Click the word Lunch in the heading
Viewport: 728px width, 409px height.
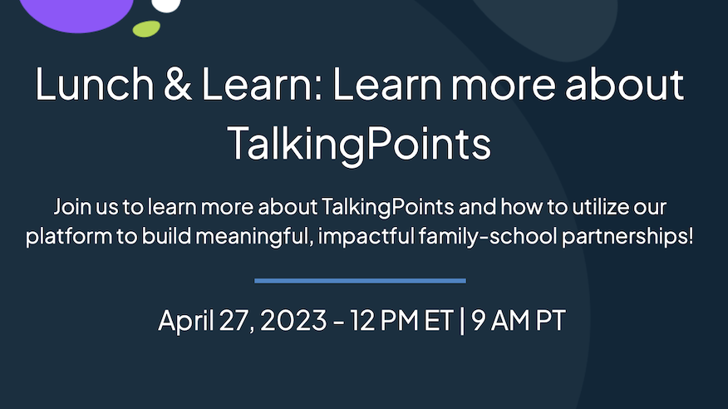[94, 84]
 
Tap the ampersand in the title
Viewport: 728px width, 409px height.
[177, 84]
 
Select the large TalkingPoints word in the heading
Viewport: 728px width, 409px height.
[359, 144]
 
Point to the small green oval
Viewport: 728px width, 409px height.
[146, 29]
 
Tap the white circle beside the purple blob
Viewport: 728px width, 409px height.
[165, 5]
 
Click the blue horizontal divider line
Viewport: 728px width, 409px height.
[361, 280]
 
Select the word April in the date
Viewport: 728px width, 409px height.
[185, 321]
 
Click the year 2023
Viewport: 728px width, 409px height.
[293, 320]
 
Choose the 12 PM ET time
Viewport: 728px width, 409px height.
[401, 320]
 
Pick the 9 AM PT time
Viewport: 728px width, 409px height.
[518, 320]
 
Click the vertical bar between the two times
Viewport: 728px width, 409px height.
[462, 321]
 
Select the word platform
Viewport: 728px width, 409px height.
[69, 237]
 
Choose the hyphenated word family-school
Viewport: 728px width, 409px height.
[488, 237]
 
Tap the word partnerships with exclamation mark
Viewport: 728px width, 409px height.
[627, 237]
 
